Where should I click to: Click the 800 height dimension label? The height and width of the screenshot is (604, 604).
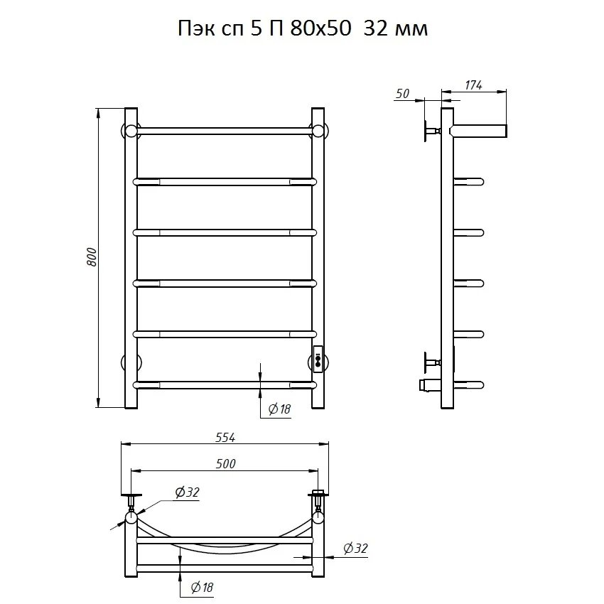coord(92,257)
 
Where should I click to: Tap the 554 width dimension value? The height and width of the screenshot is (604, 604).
coord(225,438)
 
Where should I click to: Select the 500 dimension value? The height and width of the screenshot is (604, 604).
coord(225,464)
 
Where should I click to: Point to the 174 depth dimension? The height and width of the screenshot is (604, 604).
coord(473,85)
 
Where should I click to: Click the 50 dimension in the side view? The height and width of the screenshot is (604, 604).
coord(402,94)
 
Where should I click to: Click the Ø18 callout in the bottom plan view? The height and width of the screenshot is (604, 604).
coord(202,588)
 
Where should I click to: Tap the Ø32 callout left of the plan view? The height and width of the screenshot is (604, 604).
coord(187,492)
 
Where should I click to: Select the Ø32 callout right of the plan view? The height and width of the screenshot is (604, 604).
coord(355,548)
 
